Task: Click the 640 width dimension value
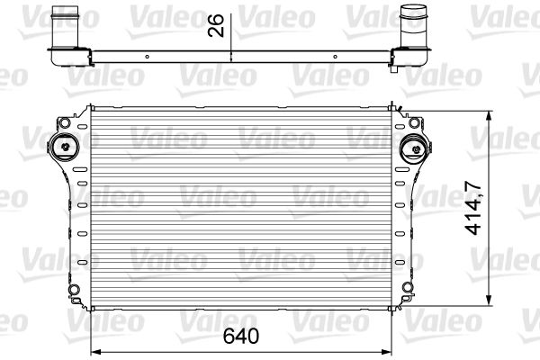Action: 242,337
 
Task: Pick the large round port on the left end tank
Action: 65,147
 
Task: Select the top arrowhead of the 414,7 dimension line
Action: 489,113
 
